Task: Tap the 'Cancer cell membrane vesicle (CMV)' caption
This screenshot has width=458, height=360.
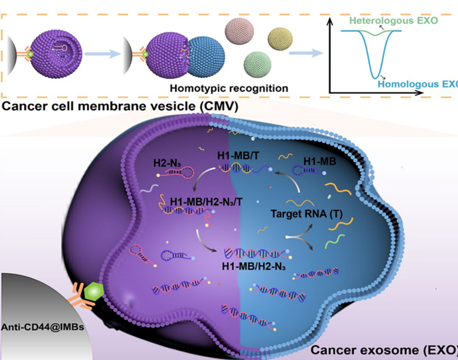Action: click(x=121, y=107)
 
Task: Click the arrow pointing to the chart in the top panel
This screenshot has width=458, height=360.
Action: click(x=305, y=53)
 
